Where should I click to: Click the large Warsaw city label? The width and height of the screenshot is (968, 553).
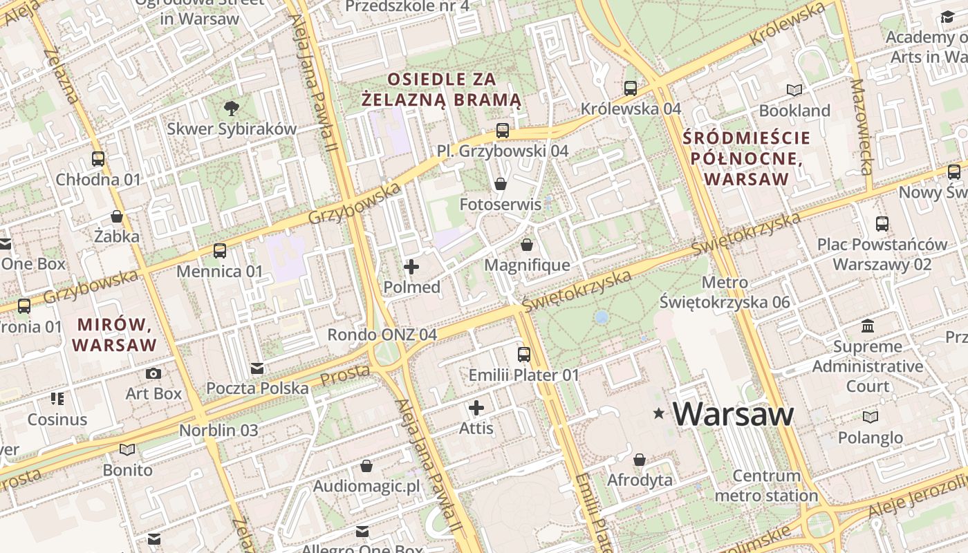pyautogui.click(x=733, y=413)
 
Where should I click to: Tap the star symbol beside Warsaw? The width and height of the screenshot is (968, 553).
pyautogui.click(x=659, y=413)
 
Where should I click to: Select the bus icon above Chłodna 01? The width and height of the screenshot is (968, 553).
pyautogui.click(x=98, y=159)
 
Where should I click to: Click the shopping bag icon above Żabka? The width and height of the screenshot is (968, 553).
pyautogui.click(x=117, y=216)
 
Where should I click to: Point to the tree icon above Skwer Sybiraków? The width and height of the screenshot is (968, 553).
pyautogui.click(x=232, y=108)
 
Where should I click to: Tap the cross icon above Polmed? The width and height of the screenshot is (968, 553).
pyautogui.click(x=411, y=266)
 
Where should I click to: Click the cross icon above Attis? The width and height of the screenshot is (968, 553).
pyautogui.click(x=476, y=408)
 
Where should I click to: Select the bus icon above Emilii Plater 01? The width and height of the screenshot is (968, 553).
pyautogui.click(x=524, y=355)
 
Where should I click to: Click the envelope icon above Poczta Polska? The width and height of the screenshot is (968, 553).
pyautogui.click(x=257, y=368)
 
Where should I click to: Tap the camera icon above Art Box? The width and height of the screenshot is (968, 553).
pyautogui.click(x=153, y=374)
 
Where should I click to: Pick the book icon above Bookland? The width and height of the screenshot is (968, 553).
pyautogui.click(x=794, y=90)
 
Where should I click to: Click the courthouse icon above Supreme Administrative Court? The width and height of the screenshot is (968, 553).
pyautogui.click(x=868, y=326)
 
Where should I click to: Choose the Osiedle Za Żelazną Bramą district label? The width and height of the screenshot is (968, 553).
pyautogui.click(x=442, y=89)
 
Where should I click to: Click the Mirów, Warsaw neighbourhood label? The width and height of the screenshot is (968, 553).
pyautogui.click(x=114, y=334)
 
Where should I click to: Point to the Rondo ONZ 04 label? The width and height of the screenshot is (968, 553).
pyautogui.click(x=382, y=335)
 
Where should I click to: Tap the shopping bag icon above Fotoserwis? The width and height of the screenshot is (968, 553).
pyautogui.click(x=501, y=184)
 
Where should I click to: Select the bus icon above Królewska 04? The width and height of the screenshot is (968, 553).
pyautogui.click(x=631, y=88)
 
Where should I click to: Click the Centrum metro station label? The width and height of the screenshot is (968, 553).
pyautogui.click(x=766, y=486)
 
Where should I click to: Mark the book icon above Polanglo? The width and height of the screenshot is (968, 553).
pyautogui.click(x=870, y=417)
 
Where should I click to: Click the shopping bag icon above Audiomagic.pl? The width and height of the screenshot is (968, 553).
pyautogui.click(x=366, y=466)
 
